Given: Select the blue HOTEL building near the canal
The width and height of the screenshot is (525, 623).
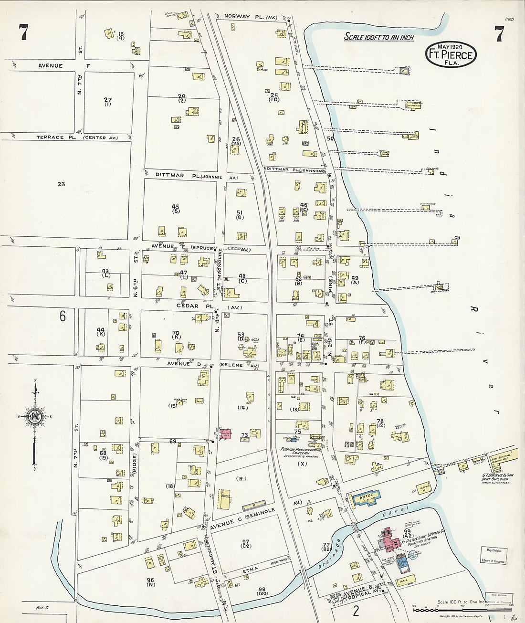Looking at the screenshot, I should click(366, 498).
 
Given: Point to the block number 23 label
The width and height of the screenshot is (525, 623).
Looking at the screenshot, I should click(61, 184).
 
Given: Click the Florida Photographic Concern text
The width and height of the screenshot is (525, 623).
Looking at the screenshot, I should click(302, 451).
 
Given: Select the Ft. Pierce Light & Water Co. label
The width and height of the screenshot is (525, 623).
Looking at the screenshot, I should click(423, 540).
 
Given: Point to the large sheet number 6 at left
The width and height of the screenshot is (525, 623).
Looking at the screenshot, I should click(63, 316).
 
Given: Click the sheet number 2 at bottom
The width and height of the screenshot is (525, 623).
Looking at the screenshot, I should click(356, 611).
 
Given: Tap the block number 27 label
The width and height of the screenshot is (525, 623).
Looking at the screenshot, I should click(108, 100).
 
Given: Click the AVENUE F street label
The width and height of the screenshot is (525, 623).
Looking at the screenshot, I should click(51, 65).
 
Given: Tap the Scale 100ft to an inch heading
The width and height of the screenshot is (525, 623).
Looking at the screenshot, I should click(379, 37).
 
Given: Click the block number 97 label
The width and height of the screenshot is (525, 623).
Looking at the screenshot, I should click(246, 542).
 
